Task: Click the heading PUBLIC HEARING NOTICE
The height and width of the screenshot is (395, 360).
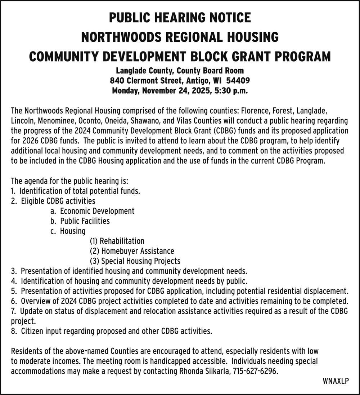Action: click(x=180, y=18)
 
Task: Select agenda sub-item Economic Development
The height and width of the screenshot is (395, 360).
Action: click(x=97, y=211)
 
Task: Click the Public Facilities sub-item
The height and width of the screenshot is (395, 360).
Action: click(x=85, y=221)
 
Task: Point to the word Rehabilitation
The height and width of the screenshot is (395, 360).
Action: click(x=122, y=241)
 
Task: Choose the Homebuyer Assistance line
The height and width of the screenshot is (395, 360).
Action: click(x=137, y=250)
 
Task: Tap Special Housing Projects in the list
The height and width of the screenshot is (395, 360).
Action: click(x=140, y=261)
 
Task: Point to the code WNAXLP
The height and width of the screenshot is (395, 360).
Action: click(x=336, y=381)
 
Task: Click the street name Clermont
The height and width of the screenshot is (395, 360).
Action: click(x=145, y=80)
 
